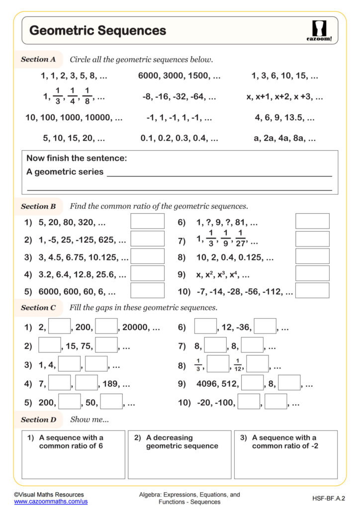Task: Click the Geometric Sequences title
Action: click(x=97, y=30)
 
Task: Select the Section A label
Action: click(x=38, y=59)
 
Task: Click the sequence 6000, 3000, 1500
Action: click(x=179, y=76)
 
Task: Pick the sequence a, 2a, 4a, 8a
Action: click(x=284, y=139)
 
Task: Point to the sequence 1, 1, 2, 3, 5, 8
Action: click(x=74, y=76)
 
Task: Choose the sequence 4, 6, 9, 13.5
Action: click(x=284, y=118)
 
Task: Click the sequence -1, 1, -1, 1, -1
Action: click(x=179, y=118)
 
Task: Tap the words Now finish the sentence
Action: click(x=77, y=159)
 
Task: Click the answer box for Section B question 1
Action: click(x=147, y=222)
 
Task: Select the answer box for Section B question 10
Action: click(x=312, y=290)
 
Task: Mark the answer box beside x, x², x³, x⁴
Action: click(x=312, y=273)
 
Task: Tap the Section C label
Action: click(x=38, y=308)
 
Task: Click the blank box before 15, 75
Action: click(x=49, y=345)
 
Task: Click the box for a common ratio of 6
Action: click(x=73, y=455)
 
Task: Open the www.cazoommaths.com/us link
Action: click(x=51, y=502)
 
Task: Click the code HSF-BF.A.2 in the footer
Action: click(x=329, y=498)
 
